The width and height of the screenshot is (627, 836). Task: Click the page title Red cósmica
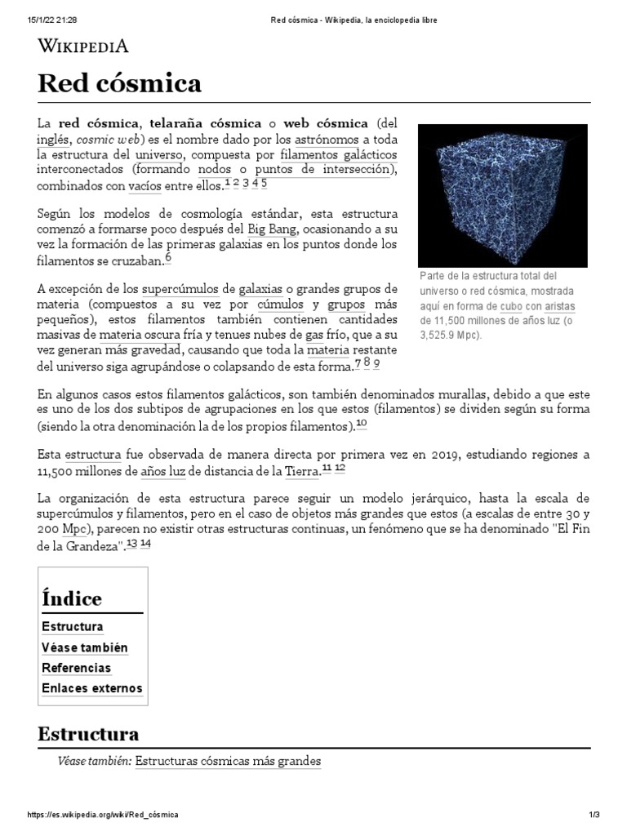coord(119,83)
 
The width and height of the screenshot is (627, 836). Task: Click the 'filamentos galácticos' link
coord(338,154)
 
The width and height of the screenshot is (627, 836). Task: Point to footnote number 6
coord(168,258)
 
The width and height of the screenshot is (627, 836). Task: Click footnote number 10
coord(362,425)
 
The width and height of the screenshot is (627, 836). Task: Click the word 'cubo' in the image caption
coord(513,306)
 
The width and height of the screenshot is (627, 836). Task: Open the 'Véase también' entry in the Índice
coord(84,647)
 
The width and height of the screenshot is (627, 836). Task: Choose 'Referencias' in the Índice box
coord(76,668)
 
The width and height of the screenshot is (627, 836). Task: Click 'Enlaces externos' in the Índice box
coord(91,688)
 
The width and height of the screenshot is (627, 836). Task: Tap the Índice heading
coord(72,598)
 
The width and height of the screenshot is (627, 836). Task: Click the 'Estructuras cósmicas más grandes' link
coord(228,762)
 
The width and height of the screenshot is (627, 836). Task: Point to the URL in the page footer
coord(103,816)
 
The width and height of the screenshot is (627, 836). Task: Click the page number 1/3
coord(594,816)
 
